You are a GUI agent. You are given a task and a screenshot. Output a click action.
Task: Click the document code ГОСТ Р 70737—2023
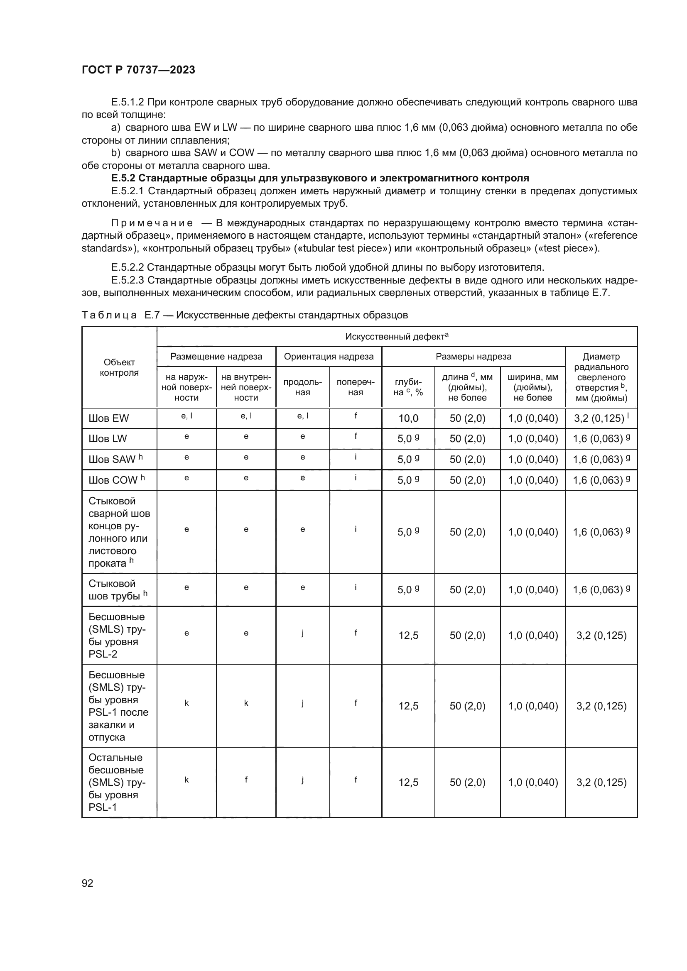[138, 70]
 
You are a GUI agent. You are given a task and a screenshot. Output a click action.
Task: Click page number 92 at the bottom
[88, 883]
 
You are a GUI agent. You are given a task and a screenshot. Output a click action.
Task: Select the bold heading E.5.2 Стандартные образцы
[320, 178]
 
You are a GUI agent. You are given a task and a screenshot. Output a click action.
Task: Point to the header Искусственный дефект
[396, 337]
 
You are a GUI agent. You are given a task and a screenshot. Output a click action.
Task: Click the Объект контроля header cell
[119, 367]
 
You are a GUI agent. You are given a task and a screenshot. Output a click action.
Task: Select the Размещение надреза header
[216, 357]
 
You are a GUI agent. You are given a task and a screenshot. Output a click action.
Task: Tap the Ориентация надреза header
[329, 357]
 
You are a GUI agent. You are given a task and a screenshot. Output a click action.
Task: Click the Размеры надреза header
[474, 357]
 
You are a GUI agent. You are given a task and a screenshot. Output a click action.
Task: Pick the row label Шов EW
[109, 418]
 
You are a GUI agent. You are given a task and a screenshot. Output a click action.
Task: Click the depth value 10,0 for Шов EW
[408, 418]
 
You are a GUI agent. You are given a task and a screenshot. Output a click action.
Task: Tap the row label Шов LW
[108, 438]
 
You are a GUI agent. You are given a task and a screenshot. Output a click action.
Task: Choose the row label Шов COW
[113, 480]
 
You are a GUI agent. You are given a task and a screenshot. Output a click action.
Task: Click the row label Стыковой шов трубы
[115, 589]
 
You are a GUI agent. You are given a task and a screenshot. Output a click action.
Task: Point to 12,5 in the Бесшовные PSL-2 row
[408, 635]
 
